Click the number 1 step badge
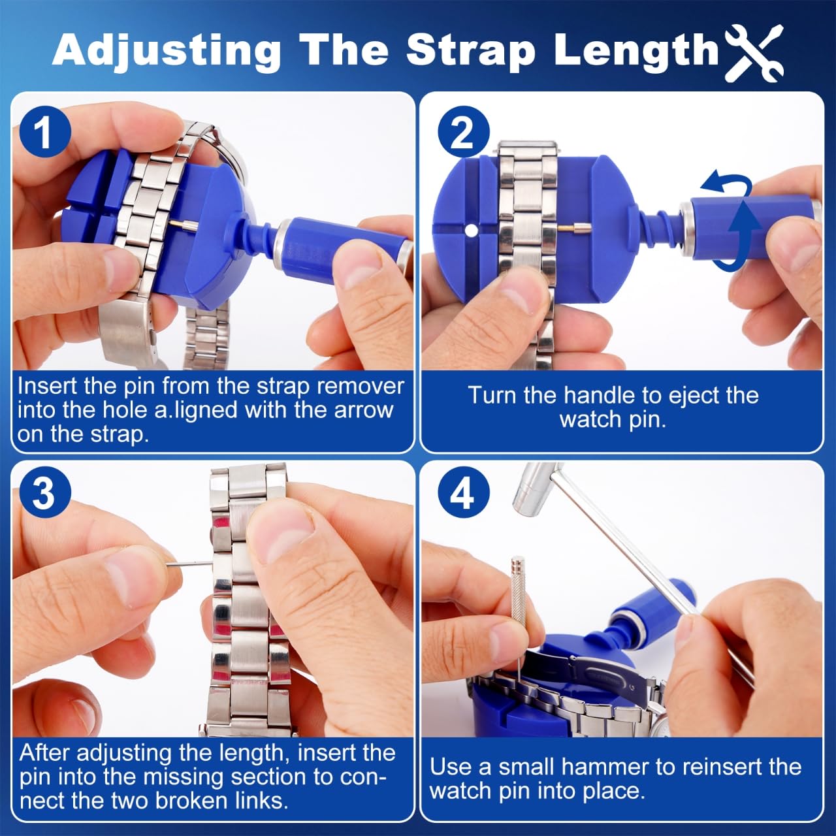click(x=45, y=133)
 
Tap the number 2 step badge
click(x=463, y=133)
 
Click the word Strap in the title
click(x=470, y=52)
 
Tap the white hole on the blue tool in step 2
click(x=472, y=231)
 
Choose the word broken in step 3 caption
click(x=190, y=801)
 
